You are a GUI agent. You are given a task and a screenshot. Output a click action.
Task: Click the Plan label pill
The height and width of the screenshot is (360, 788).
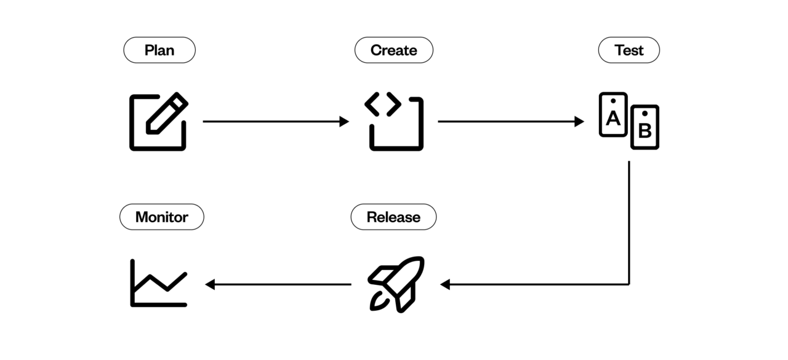tap(159, 50)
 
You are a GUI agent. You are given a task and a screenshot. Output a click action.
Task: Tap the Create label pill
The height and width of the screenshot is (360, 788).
tap(393, 50)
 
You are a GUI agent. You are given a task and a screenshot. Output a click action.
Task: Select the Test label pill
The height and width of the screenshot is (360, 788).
tap(629, 50)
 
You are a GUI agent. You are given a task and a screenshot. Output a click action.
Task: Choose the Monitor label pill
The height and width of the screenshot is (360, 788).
tap(161, 217)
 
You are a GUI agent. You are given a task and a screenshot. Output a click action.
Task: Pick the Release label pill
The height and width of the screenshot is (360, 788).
tap(393, 217)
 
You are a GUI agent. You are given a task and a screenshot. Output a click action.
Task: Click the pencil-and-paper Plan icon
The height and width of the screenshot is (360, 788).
tap(158, 121)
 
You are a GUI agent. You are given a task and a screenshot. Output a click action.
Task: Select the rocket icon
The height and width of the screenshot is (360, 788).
tap(396, 284)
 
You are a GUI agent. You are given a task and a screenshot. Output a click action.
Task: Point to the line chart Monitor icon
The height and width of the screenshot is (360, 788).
tap(158, 283)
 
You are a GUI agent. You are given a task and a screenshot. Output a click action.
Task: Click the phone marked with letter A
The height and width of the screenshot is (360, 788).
tap(613, 114)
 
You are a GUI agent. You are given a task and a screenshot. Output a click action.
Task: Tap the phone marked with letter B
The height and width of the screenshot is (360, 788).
tap(645, 127)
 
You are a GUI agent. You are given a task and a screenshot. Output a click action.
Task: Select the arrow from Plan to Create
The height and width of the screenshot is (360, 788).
tap(275, 121)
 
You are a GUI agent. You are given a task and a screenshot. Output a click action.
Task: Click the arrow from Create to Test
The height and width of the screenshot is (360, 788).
tap(510, 121)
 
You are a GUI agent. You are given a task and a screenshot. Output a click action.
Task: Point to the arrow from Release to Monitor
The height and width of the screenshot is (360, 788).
tap(278, 284)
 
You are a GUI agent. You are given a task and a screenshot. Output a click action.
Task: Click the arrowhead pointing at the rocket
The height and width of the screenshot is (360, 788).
tap(445, 284)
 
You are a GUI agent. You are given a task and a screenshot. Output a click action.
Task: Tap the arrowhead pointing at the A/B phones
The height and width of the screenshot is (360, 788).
tap(579, 121)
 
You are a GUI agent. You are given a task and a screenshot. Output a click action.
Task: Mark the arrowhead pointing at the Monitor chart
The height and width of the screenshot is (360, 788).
tap(209, 284)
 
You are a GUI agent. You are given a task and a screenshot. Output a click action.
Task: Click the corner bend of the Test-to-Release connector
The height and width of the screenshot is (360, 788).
tap(629, 284)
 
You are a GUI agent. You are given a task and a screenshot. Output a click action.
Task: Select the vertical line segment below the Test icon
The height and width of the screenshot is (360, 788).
tap(629, 222)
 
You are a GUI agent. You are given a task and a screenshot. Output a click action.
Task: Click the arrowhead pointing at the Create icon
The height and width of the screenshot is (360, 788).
tap(344, 121)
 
